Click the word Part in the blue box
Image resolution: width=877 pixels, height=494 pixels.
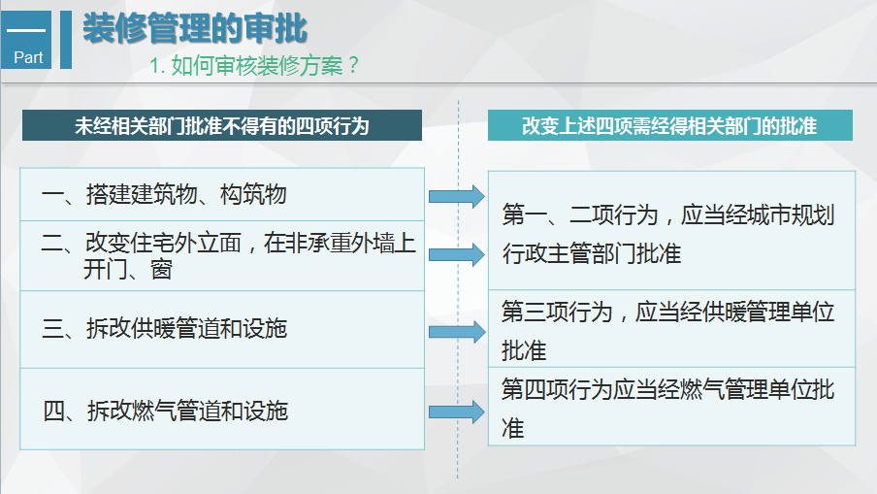click(x=28, y=57)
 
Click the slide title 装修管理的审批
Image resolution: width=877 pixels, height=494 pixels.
click(x=195, y=28)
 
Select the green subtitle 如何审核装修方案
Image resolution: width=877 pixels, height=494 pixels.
click(x=257, y=65)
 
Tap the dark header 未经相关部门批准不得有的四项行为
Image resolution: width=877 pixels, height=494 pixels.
click(x=222, y=125)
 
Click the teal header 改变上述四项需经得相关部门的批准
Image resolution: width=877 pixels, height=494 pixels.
click(x=670, y=125)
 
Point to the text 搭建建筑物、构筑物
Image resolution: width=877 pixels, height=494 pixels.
click(x=186, y=194)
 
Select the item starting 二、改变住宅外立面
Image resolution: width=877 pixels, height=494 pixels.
click(x=228, y=255)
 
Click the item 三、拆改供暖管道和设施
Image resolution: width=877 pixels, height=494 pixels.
click(x=165, y=328)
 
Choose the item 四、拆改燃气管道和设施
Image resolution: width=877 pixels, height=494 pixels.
click(x=166, y=411)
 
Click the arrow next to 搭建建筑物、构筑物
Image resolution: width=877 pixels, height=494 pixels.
click(x=456, y=196)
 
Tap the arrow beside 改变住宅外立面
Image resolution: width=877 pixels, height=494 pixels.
click(x=456, y=254)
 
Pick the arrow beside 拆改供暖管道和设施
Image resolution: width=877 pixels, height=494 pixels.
click(x=456, y=332)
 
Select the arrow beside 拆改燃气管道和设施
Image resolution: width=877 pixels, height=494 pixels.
click(x=456, y=412)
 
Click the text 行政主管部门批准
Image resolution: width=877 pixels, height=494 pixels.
click(x=592, y=253)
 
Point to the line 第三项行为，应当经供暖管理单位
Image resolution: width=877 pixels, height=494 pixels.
click(x=667, y=312)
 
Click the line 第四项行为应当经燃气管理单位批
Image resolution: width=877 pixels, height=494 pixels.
click(x=667, y=389)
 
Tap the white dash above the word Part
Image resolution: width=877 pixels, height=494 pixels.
click(x=26, y=30)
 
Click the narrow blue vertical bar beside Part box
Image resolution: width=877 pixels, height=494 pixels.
click(x=65, y=40)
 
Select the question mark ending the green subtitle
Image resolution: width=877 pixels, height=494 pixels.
click(x=352, y=65)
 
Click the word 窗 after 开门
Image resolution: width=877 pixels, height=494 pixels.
click(x=161, y=270)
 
